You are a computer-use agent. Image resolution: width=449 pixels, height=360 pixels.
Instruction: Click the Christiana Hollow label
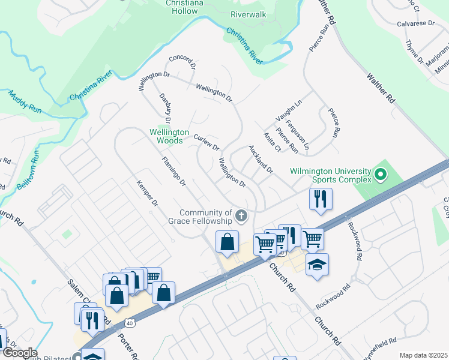pos(191,7)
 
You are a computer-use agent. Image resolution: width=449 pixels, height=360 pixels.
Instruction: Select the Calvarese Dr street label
pos(415,24)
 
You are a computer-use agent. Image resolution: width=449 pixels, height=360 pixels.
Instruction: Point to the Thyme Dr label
pos(414,50)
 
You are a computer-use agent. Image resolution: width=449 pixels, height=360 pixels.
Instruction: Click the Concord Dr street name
pos(182,62)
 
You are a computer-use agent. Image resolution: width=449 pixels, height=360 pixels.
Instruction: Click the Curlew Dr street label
pos(206,143)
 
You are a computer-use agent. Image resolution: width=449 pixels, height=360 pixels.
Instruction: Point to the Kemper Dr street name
pos(146,194)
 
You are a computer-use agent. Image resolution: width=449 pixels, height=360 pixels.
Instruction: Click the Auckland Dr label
pos(261,160)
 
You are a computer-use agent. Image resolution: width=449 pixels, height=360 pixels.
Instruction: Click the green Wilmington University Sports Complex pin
pos(379,176)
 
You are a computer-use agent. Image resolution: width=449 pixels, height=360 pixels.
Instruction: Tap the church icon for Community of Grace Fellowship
pos(241,215)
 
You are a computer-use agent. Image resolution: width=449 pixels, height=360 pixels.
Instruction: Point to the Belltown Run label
pos(28,170)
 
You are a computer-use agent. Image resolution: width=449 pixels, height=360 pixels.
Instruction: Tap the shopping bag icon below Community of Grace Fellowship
pos(228,242)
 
